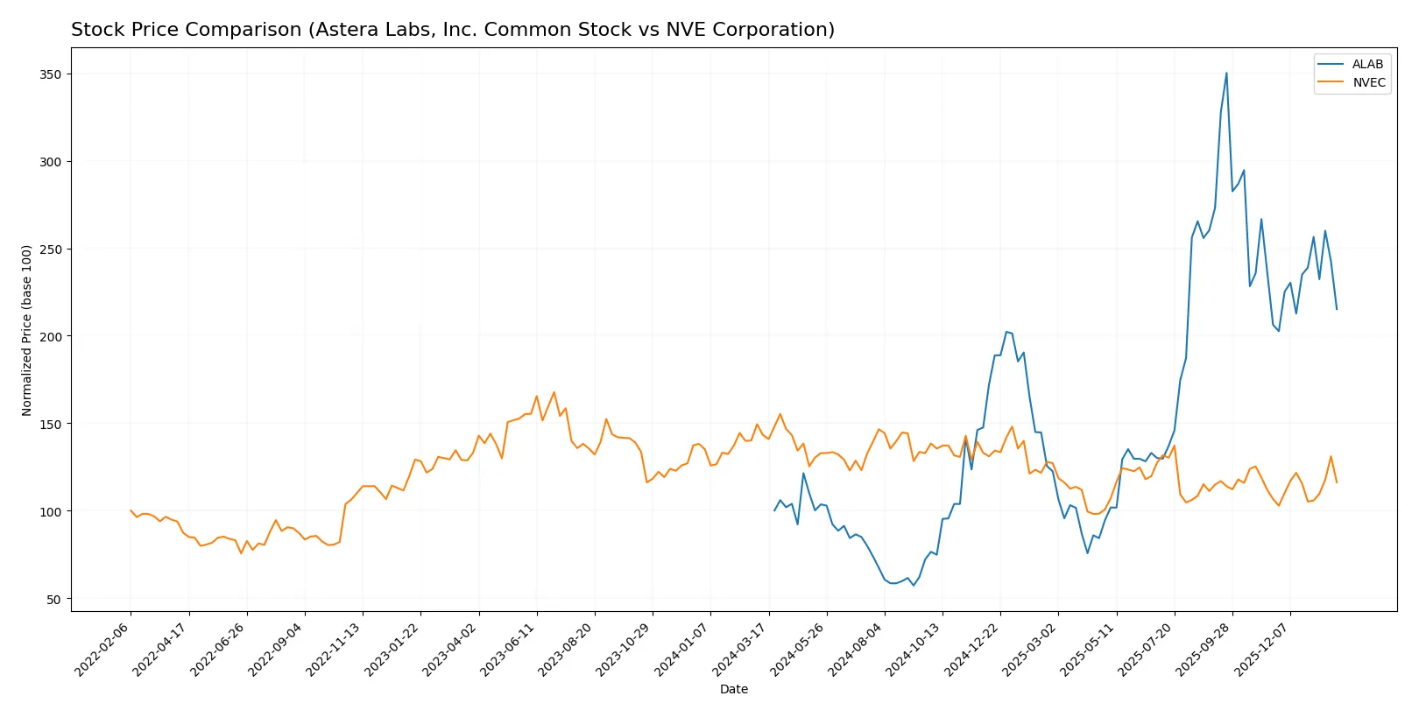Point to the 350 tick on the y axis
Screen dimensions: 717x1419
pyautogui.click(x=51, y=74)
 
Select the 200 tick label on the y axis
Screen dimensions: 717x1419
pyautogui.click(x=51, y=337)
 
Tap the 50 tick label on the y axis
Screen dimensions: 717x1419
pyautogui.click(x=54, y=600)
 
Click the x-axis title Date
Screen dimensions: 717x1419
pyautogui.click(x=733, y=690)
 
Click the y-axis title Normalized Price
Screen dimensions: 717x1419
pyautogui.click(x=26, y=330)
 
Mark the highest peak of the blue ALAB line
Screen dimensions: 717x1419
pyautogui.click(x=1226, y=73)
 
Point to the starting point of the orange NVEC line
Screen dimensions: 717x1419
pyautogui.click(x=131, y=510)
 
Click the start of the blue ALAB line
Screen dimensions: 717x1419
pyautogui.click(x=774, y=510)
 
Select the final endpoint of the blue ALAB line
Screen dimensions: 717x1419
pyautogui.click(x=1337, y=309)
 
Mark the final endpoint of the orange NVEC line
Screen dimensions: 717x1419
pyautogui.click(x=1337, y=482)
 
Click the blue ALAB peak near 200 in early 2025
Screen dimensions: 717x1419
pyautogui.click(x=1006, y=332)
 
